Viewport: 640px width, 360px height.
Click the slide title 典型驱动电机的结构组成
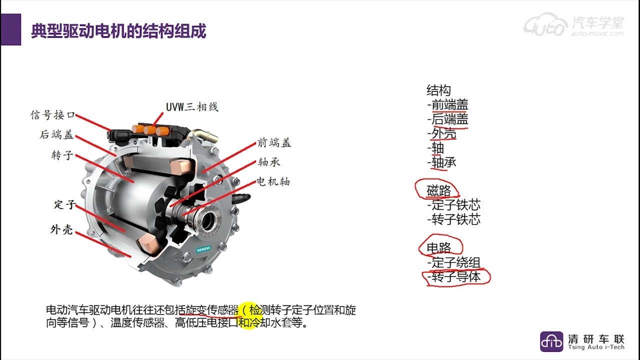118,30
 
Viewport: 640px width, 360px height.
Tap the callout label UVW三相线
192,107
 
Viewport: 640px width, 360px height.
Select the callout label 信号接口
53,115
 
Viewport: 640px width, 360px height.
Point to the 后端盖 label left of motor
56,134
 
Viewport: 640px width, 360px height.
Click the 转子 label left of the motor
62,155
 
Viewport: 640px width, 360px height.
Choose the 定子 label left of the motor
65,204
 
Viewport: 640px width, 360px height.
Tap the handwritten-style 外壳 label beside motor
61,229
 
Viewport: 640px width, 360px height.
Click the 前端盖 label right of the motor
274,142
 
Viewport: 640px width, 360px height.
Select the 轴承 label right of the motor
269,162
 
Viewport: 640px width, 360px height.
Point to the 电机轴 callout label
273,181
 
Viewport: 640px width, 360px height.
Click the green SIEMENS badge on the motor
203,249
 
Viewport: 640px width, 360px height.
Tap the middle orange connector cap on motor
149,130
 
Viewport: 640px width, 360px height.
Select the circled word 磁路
438,190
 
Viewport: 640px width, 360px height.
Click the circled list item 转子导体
456,276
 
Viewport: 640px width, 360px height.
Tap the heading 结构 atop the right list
438,90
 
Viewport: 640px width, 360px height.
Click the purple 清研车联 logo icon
551,341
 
